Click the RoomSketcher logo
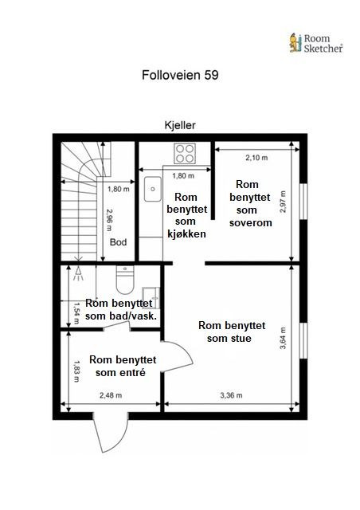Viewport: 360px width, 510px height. coord(315,43)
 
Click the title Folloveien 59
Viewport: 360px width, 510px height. coord(180,75)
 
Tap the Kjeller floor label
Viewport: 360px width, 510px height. coord(180,125)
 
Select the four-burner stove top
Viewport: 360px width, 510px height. coord(185,153)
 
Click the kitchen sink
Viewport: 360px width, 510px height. coord(153,189)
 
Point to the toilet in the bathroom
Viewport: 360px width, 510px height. coord(125,280)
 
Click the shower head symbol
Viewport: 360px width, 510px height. coord(78,274)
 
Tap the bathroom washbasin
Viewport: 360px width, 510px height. coord(151,297)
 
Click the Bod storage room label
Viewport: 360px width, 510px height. coord(118,242)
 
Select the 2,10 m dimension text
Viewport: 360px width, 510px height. coord(256,158)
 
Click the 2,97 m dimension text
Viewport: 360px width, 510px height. coord(283,202)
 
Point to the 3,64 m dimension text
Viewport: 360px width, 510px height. coord(283,338)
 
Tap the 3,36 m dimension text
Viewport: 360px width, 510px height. coord(231,395)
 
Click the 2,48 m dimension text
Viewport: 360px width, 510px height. coord(111,395)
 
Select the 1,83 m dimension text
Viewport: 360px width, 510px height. coord(76,371)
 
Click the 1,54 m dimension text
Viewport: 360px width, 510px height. coord(76,313)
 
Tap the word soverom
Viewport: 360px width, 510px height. coord(250,223)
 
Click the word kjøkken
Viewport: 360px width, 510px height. coord(186,233)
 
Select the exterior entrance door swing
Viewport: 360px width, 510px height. coord(110,432)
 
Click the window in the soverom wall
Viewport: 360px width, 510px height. coord(303,202)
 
